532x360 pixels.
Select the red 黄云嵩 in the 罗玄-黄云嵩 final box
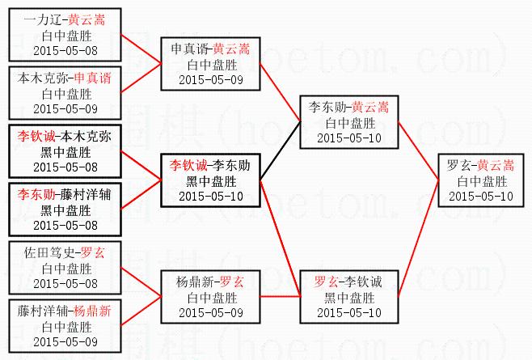point(495,165)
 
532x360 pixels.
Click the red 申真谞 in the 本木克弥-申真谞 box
point(92,78)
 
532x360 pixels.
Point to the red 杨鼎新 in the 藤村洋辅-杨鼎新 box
point(92,311)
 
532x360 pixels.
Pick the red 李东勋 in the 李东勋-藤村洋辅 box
point(36,194)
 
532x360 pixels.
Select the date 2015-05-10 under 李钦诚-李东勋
point(211,197)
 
